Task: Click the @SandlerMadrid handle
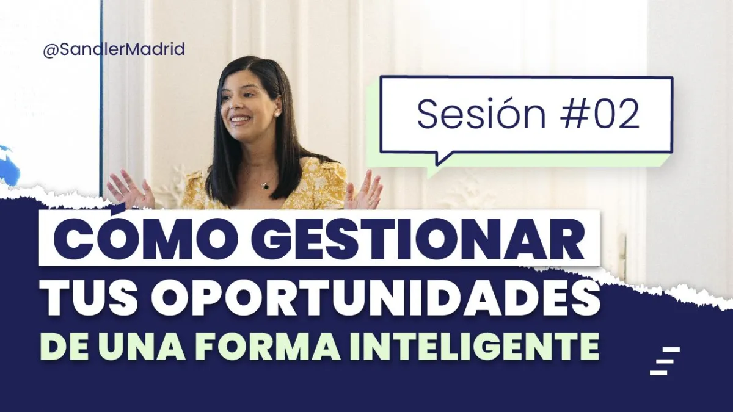[x=114, y=49]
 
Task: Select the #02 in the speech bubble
[x=599, y=115]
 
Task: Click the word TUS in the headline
[x=89, y=299]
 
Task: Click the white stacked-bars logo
[x=665, y=361]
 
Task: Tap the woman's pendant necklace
[x=265, y=186]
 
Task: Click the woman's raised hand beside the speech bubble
[x=364, y=191]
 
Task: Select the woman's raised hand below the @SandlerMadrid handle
[x=130, y=190]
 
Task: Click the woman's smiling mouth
[x=240, y=120]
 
